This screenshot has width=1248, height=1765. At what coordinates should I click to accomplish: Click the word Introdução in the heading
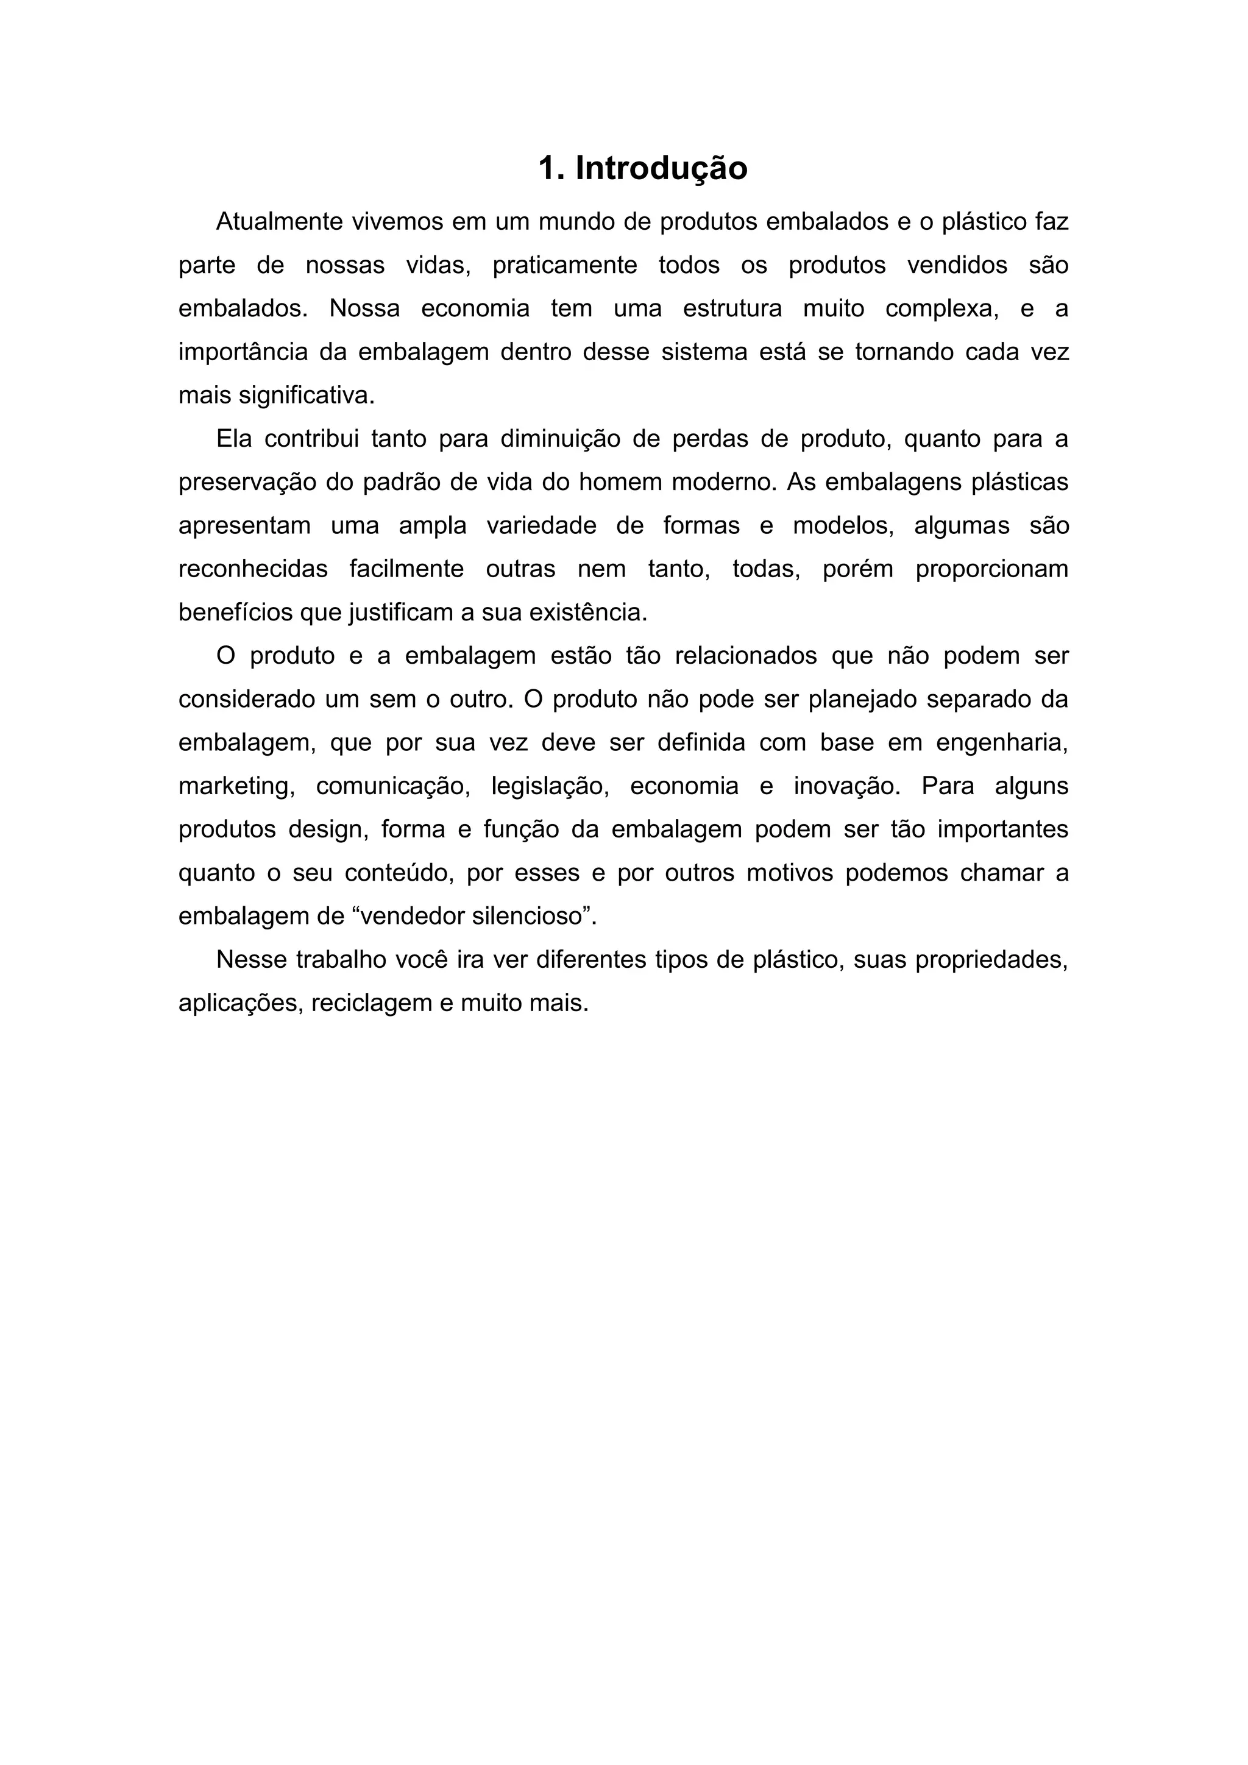tap(661, 168)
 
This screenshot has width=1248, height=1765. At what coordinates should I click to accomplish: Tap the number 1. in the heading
tap(550, 168)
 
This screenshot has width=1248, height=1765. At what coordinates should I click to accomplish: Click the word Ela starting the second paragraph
tap(233, 439)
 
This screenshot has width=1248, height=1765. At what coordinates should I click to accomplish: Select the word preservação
tap(245, 483)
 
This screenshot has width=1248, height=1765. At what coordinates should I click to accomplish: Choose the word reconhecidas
tap(253, 570)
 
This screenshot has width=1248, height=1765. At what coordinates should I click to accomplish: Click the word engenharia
tap(1002, 744)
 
